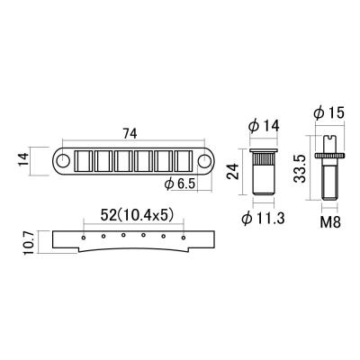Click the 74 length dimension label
(130, 134)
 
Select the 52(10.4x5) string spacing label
(138, 216)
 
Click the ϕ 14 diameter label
(264, 126)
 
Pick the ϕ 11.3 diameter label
(263, 219)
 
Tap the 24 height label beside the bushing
(232, 171)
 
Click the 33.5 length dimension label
(300, 168)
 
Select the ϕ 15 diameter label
(328, 113)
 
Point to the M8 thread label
(330, 222)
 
